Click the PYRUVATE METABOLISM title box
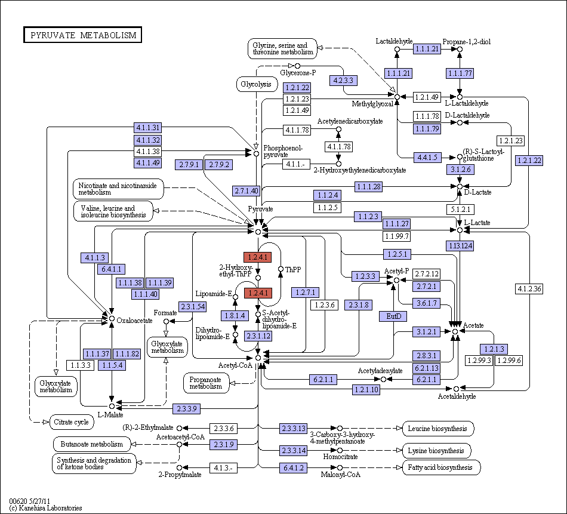click(82, 35)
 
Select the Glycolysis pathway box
click(256, 84)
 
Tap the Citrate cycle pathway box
click(71, 422)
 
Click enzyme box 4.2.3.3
click(343, 81)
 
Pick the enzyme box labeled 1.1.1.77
click(460, 73)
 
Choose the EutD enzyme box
click(393, 316)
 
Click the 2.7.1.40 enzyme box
click(246, 190)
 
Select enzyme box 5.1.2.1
click(460, 210)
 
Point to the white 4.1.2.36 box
click(529, 289)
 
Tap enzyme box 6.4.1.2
click(293, 467)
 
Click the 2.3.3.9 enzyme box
click(186, 409)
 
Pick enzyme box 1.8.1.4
click(235, 315)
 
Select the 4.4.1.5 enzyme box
click(427, 158)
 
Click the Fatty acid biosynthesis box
click(442, 467)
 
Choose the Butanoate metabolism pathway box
click(92, 444)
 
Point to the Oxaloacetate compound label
click(134, 321)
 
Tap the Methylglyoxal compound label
click(372, 104)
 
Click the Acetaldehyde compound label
click(457, 396)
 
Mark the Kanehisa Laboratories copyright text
click(45, 508)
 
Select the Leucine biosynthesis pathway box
click(438, 429)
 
